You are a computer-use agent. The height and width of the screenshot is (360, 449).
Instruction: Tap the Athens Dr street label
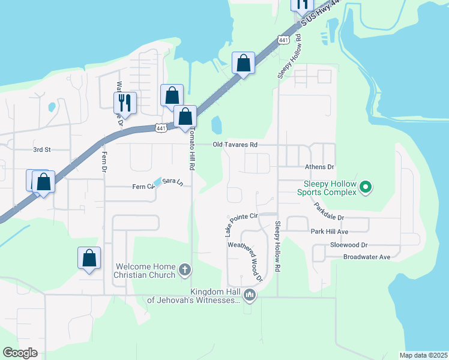click(319, 167)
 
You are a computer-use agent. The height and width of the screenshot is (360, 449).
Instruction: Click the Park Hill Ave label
click(330, 231)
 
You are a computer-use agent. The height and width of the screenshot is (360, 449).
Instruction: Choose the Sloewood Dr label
click(349, 245)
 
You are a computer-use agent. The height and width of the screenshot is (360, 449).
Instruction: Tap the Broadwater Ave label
click(367, 257)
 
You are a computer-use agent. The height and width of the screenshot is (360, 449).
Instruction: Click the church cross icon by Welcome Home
click(185, 269)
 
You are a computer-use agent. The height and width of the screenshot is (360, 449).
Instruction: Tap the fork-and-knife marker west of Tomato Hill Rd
click(125, 102)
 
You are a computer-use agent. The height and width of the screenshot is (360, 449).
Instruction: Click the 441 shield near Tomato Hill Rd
click(160, 128)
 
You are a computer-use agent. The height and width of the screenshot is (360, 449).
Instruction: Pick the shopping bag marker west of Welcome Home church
click(89, 258)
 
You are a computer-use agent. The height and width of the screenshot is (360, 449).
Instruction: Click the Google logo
click(20, 353)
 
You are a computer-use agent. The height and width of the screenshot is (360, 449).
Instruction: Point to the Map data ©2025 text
click(423, 355)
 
